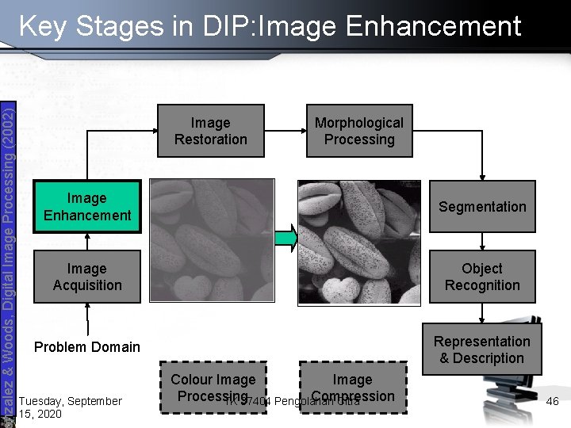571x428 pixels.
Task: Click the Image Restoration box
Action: pyautogui.click(x=210, y=131)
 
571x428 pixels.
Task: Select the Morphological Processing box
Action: pyautogui.click(x=358, y=131)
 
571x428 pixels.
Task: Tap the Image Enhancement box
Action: pyautogui.click(x=87, y=206)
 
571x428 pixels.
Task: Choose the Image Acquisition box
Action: pyautogui.click(x=87, y=277)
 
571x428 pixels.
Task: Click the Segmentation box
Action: pyautogui.click(x=482, y=207)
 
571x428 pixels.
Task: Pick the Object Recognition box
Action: pyautogui.click(x=482, y=277)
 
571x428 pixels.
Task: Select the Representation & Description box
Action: pyautogui.click(x=482, y=350)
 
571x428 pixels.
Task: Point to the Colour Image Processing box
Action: pyautogui.click(x=213, y=388)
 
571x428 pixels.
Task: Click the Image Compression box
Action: pyautogui.click(x=352, y=388)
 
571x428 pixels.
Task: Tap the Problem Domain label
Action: pyautogui.click(x=87, y=346)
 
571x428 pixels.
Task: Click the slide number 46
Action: pyautogui.click(x=553, y=402)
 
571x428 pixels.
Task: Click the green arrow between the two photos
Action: pyautogui.click(x=286, y=237)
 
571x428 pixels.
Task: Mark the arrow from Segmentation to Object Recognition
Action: pyautogui.click(x=482, y=241)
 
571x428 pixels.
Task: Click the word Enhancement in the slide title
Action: pyautogui.click(x=434, y=26)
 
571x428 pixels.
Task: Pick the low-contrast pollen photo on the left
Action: pyautogui.click(x=213, y=240)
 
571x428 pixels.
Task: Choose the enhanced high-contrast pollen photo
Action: pyautogui.click(x=358, y=241)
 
